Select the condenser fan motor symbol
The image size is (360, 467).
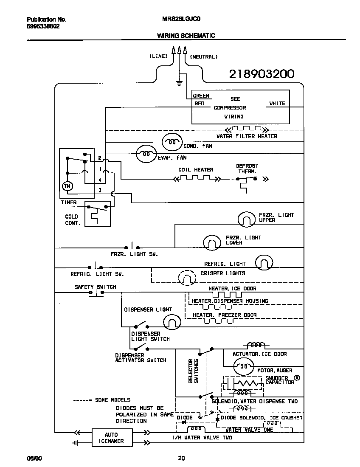click(172, 143)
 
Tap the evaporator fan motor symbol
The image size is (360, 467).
click(146, 155)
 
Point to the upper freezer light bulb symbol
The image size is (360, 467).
click(246, 219)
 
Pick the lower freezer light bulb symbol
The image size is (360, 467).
click(212, 242)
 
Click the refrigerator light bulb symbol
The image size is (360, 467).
click(263, 263)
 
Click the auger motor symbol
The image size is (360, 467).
click(244, 366)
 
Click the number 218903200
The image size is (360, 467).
click(262, 74)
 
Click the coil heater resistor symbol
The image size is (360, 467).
click(195, 179)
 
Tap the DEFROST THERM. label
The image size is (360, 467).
click(247, 169)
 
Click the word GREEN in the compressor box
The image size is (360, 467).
click(201, 96)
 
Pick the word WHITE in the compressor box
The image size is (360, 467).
click(277, 104)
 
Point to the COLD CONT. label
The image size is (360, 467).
click(72, 219)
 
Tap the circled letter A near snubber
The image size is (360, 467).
click(297, 377)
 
